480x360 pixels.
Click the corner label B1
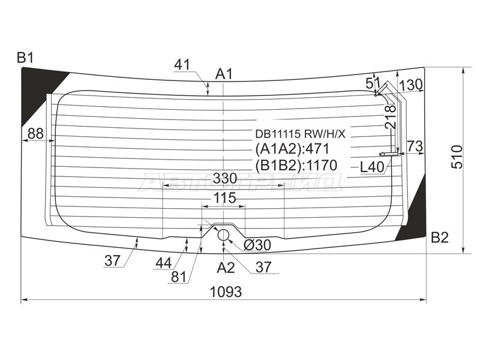point(25,58)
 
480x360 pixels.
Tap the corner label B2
point(440,238)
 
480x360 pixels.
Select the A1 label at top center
point(224,74)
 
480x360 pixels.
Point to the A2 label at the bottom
point(226,268)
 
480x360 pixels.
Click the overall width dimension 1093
point(226,292)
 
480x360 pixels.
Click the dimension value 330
point(224,178)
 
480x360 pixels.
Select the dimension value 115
point(224,199)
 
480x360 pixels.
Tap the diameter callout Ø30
point(257,244)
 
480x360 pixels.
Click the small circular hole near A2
point(224,235)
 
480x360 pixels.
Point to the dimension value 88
point(35,134)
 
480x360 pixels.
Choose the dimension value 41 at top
point(182,64)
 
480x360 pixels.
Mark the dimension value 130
point(411,84)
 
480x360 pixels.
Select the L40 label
point(372,167)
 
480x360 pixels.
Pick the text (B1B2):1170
point(296,165)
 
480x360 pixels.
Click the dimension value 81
point(178,278)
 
